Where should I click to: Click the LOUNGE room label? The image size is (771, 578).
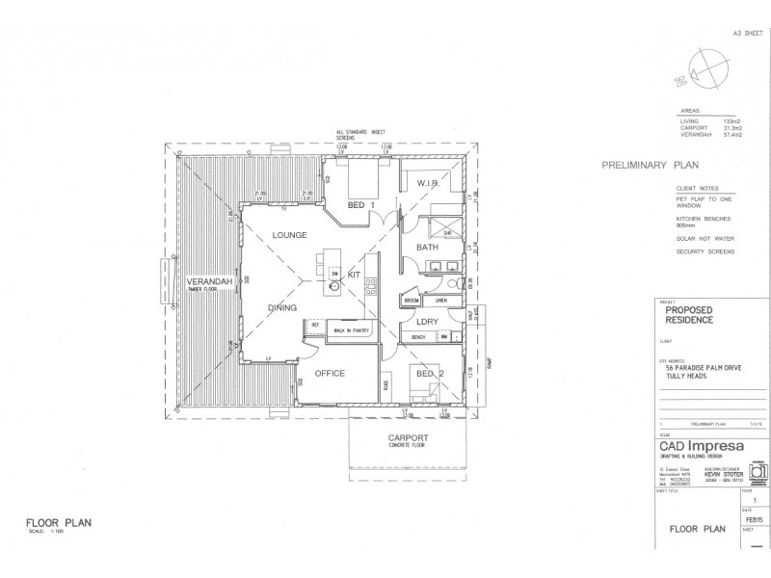pos(289,235)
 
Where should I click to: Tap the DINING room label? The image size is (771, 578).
pos(289,307)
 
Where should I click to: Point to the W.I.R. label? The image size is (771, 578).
pos(428,183)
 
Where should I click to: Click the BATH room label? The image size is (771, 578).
pos(427,248)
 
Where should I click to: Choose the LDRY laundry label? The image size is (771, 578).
pos(428,321)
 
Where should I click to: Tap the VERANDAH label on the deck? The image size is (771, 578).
pos(206,282)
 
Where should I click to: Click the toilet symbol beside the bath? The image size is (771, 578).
pos(452,282)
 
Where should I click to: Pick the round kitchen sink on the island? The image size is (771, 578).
pos(333,287)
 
